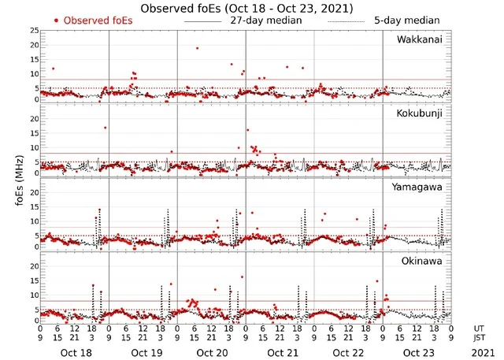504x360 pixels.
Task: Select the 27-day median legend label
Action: click(x=266, y=20)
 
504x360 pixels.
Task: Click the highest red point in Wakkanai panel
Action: click(x=197, y=48)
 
